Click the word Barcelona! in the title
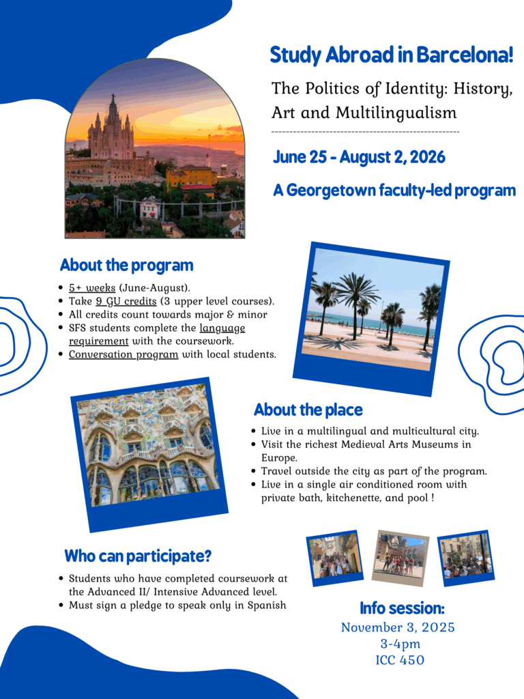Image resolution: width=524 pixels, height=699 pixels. click(x=465, y=55)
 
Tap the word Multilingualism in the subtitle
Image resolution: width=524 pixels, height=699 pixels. click(x=396, y=113)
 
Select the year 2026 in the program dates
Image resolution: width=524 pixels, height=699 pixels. click(x=427, y=157)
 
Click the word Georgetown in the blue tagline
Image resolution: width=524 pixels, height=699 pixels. click(x=332, y=190)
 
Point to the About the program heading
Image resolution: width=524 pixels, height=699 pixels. click(x=126, y=266)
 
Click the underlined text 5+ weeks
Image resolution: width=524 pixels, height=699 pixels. click(x=92, y=288)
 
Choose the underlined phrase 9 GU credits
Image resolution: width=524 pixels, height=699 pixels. click(x=126, y=301)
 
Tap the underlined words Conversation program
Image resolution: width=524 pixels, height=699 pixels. click(x=123, y=354)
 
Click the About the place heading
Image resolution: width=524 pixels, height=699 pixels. click(x=308, y=410)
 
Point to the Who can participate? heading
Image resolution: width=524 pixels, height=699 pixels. click(x=138, y=556)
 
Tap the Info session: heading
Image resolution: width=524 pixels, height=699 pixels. click(x=402, y=608)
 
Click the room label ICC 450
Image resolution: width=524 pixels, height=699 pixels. click(x=400, y=660)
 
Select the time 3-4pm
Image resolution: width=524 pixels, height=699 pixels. click(x=400, y=644)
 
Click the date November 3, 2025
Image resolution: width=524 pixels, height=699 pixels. click(x=398, y=627)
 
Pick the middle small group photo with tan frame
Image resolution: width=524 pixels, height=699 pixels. click(x=400, y=558)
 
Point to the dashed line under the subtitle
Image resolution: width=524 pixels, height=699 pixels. click(x=366, y=132)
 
